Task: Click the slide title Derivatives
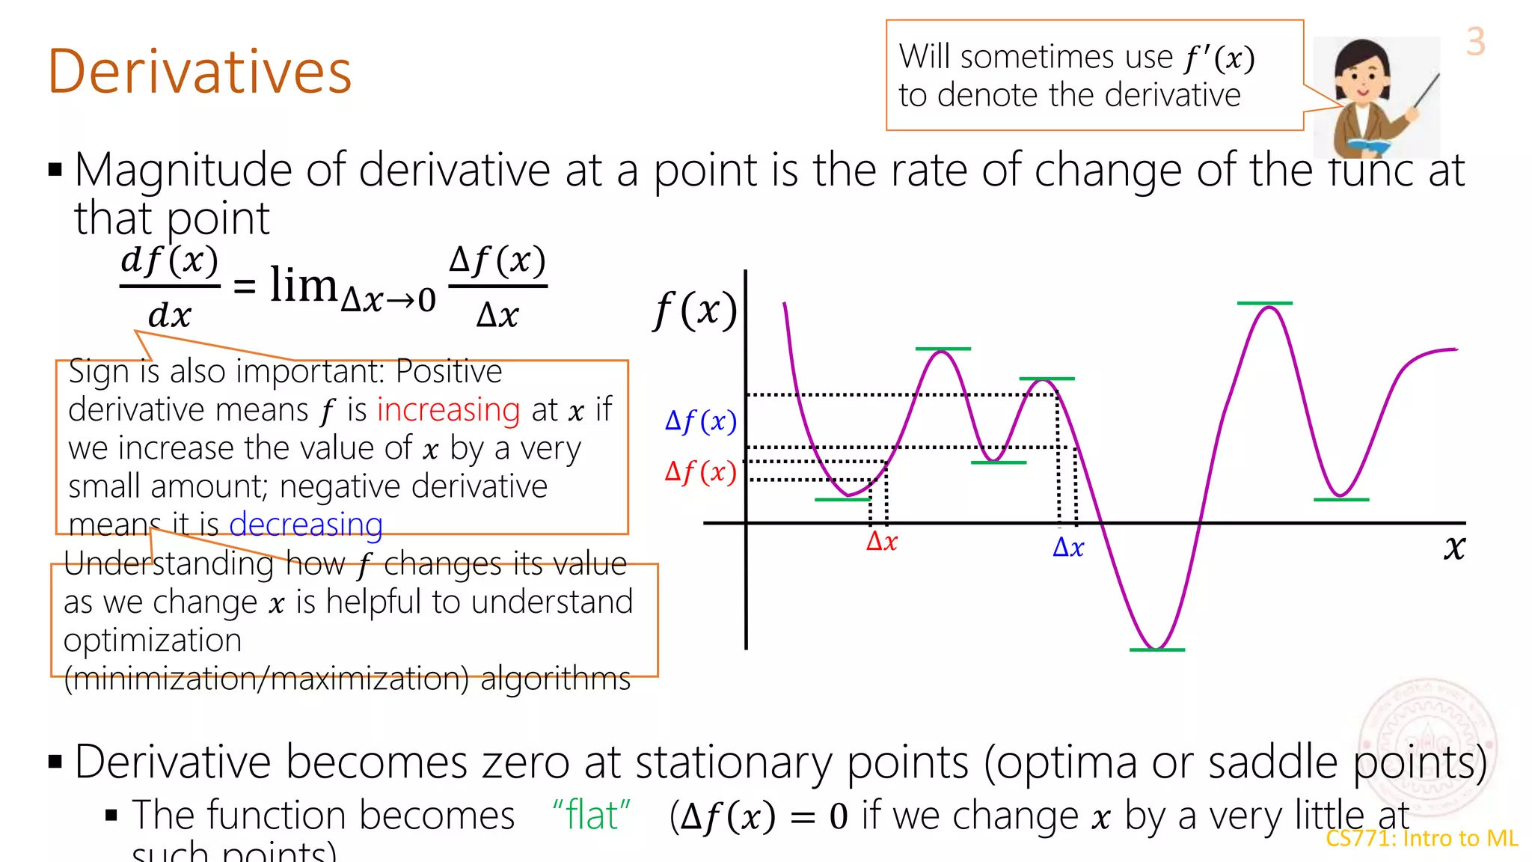[199, 72]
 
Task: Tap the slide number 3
[1475, 42]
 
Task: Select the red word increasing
[448, 410]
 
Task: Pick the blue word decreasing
[305, 524]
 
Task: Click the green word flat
[591, 815]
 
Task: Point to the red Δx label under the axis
[881, 541]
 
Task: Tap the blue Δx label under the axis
[1067, 548]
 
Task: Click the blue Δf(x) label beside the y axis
[700, 421]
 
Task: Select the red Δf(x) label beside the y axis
[700, 472]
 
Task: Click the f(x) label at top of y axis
[695, 310]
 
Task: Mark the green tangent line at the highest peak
[1264, 303]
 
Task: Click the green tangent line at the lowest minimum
[1156, 649]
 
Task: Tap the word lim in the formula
[303, 285]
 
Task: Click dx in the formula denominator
[169, 315]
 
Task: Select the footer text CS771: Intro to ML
[1421, 838]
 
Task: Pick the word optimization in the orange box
[153, 641]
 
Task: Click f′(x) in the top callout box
[1219, 58]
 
